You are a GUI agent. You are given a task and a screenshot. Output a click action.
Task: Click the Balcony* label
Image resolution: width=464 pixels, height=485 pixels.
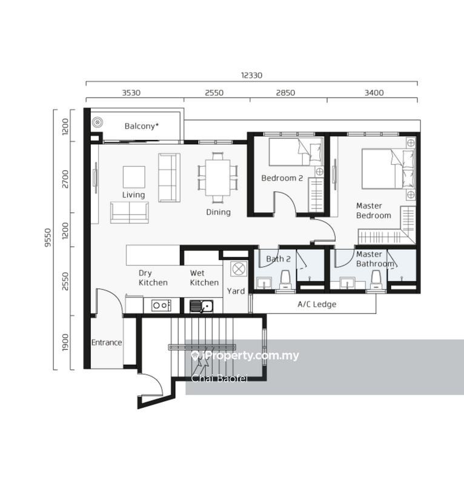(142, 126)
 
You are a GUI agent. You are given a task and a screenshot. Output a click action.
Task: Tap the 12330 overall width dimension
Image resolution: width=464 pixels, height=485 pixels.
(251, 75)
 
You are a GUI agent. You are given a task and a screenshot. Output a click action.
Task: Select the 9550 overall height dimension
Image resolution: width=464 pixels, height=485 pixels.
(48, 238)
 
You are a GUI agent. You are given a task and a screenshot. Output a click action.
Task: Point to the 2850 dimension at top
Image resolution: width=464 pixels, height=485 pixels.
(285, 93)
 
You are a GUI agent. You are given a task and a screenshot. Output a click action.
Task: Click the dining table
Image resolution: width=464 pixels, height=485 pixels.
(217, 178)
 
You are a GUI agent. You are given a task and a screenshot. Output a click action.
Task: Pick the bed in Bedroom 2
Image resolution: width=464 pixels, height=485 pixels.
(296, 152)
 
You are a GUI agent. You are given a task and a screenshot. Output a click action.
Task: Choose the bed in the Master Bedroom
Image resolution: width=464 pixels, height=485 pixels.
(388, 169)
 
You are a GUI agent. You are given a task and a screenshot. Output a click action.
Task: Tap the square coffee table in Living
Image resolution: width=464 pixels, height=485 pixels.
(134, 177)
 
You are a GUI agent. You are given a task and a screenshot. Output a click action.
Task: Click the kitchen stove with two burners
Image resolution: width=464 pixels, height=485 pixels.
(161, 306)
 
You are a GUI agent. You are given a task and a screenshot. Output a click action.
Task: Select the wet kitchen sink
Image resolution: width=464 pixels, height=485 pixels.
(201, 306)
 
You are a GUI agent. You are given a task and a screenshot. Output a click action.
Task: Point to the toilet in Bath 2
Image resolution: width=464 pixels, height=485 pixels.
(285, 279)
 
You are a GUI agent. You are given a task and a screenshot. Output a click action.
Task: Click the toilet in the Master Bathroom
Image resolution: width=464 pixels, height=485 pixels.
(376, 279)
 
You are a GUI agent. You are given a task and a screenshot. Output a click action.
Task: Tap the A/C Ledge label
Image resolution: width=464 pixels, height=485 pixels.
(317, 304)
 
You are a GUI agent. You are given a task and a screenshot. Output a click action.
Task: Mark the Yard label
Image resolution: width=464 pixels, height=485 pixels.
(236, 291)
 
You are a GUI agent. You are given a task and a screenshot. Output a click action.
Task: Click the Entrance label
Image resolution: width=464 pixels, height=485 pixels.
(107, 343)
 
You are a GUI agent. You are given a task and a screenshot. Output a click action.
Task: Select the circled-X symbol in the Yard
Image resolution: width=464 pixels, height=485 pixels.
(239, 269)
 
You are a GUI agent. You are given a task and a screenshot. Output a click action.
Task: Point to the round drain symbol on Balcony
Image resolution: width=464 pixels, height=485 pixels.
(98, 122)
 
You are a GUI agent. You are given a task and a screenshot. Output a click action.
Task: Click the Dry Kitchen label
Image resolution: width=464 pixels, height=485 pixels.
(153, 278)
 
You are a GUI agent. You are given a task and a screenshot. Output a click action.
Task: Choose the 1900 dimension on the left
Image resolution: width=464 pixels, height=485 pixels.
(65, 343)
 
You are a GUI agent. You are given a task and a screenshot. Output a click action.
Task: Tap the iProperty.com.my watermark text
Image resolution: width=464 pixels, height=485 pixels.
(245, 356)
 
